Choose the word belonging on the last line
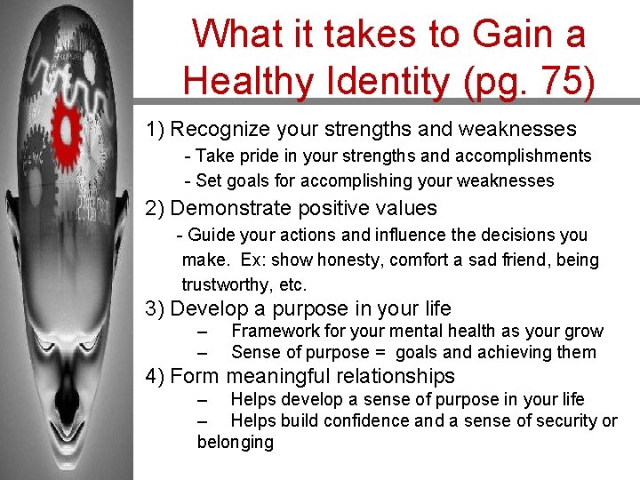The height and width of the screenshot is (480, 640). point(236,443)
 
